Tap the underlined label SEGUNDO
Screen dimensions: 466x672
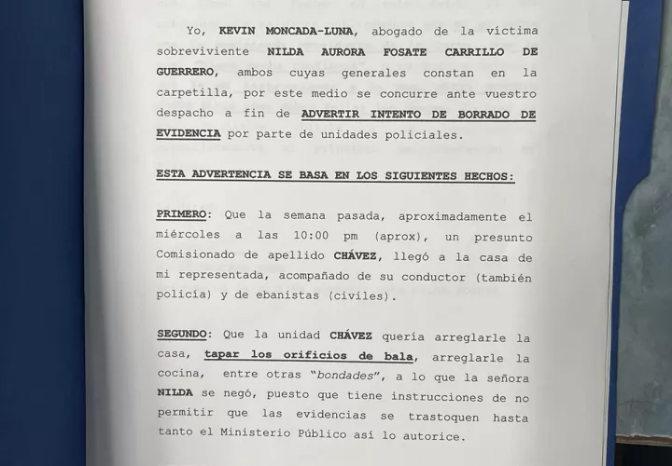pos(184,337)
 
